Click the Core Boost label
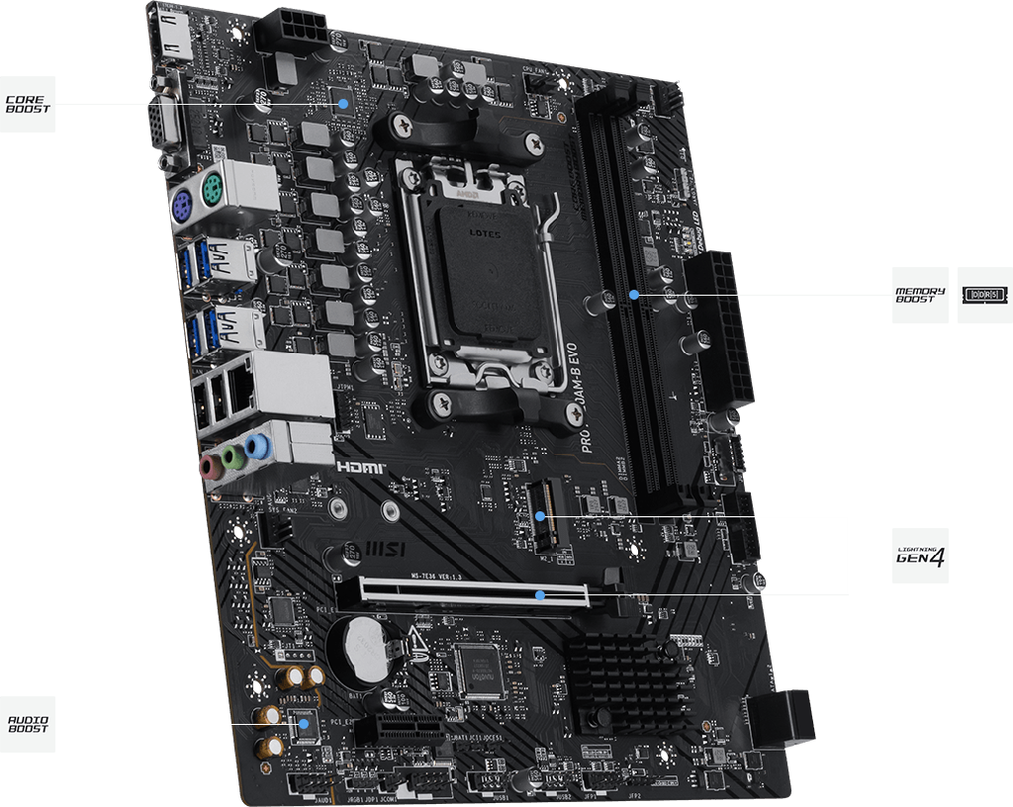coord(26,104)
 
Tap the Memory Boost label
coord(920,294)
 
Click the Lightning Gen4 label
coord(920,556)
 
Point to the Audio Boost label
coord(26,724)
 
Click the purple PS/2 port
coord(180,207)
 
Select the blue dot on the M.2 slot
coord(541,516)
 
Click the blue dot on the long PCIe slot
coord(540,594)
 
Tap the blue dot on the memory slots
coord(634,294)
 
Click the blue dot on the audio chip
coord(304,723)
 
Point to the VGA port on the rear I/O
coord(164,127)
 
